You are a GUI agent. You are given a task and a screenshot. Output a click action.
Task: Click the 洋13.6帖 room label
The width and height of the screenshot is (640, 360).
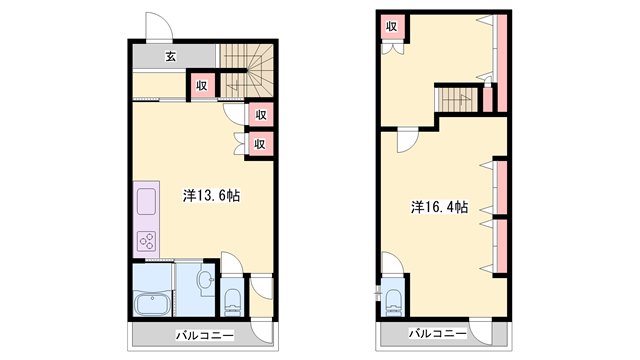click(x=211, y=196)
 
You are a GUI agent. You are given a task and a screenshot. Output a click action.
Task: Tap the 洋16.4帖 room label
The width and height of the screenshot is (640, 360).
click(x=439, y=207)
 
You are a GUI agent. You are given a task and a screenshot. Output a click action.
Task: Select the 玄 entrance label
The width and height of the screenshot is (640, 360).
click(x=171, y=56)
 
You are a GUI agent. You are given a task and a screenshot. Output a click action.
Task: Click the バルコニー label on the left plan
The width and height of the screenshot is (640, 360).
click(x=205, y=336)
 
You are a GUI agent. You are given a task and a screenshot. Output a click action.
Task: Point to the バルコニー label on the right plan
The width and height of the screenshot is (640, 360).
click(x=438, y=333)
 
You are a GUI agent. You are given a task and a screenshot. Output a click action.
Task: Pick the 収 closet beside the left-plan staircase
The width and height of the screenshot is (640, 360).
click(x=202, y=86)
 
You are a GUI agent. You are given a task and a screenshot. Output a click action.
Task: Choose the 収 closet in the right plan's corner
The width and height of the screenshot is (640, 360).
click(x=392, y=27)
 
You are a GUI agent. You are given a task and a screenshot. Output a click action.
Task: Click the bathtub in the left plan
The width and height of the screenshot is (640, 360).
click(x=152, y=304)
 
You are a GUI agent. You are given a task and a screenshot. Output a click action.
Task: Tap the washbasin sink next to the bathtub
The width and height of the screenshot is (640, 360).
click(x=205, y=280)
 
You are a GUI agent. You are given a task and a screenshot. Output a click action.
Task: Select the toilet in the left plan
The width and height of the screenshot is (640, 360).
click(x=233, y=302)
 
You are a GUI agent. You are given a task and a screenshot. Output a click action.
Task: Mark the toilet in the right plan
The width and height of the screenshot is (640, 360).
click(x=394, y=303)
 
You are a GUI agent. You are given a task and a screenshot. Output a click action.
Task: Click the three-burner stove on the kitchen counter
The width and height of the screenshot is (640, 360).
click(x=147, y=241)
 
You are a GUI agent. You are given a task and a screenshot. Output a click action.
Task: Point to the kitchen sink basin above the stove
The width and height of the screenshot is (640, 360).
click(x=146, y=201)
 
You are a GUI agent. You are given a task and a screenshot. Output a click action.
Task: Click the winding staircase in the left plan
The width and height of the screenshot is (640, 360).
click(x=247, y=71)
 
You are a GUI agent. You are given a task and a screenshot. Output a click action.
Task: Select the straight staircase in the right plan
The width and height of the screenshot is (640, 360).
click(x=456, y=100)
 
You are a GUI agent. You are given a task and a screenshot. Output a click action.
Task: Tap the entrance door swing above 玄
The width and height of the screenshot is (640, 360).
click(x=160, y=26)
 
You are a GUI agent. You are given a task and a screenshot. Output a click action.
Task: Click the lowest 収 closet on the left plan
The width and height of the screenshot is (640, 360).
click(x=260, y=144)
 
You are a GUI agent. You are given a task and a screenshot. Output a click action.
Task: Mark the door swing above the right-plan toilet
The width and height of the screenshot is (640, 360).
click(x=392, y=263)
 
